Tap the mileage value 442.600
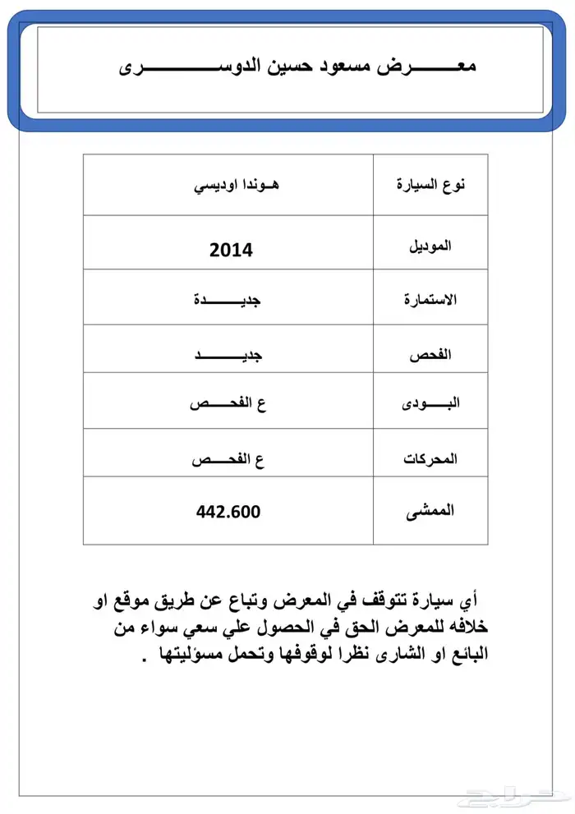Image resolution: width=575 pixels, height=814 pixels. pyautogui.click(x=228, y=512)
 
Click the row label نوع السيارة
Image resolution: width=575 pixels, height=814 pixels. pyautogui.click(x=431, y=185)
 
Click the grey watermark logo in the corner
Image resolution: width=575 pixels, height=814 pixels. pyautogui.click(x=514, y=798)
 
